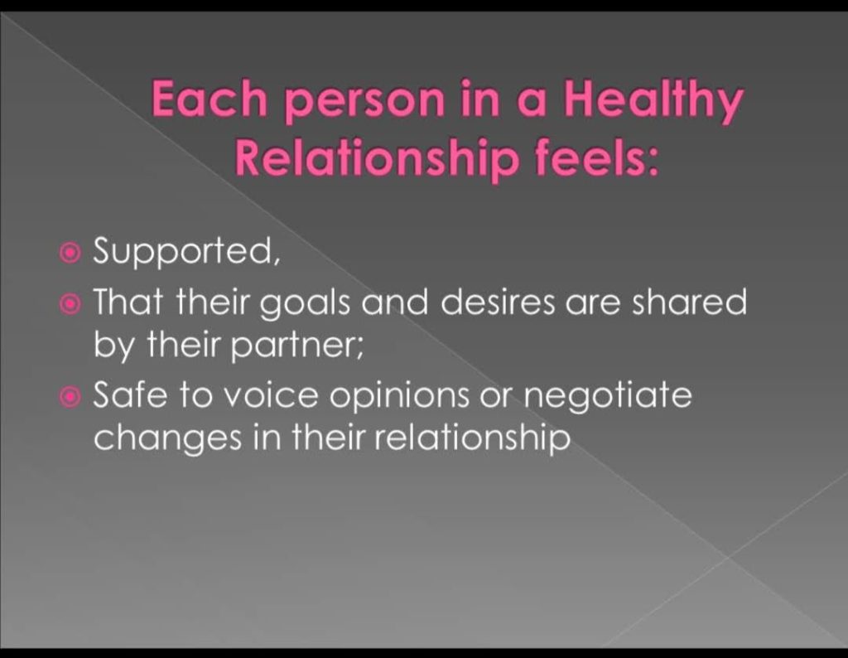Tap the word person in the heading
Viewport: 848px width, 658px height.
pyautogui.click(x=364, y=104)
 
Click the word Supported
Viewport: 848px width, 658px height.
pyautogui.click(x=186, y=252)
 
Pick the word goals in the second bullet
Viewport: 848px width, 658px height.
pyautogui.click(x=306, y=305)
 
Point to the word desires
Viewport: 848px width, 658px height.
pyautogui.click(x=498, y=302)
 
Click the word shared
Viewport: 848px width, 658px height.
pyautogui.click(x=690, y=302)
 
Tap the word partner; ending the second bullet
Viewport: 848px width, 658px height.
pyautogui.click(x=296, y=346)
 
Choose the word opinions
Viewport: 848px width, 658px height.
pyautogui.click(x=400, y=398)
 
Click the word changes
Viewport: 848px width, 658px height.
pyautogui.click(x=167, y=438)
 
